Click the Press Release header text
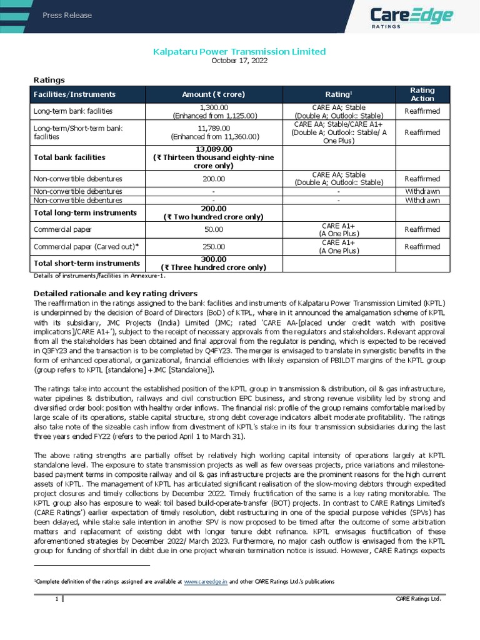[x=67, y=15]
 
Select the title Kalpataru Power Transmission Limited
[x=239, y=51]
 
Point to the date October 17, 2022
[x=239, y=61]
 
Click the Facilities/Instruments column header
[x=74, y=94]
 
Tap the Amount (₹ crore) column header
[x=213, y=94]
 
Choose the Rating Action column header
[x=422, y=94]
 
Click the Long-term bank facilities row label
[x=72, y=111]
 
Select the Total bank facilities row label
[x=69, y=157]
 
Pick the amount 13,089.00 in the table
[x=214, y=149]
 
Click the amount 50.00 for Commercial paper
[x=214, y=230]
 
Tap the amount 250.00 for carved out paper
[x=214, y=247]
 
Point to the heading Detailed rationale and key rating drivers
[x=115, y=293]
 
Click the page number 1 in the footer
[x=56, y=599]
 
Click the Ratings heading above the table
[x=49, y=79]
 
